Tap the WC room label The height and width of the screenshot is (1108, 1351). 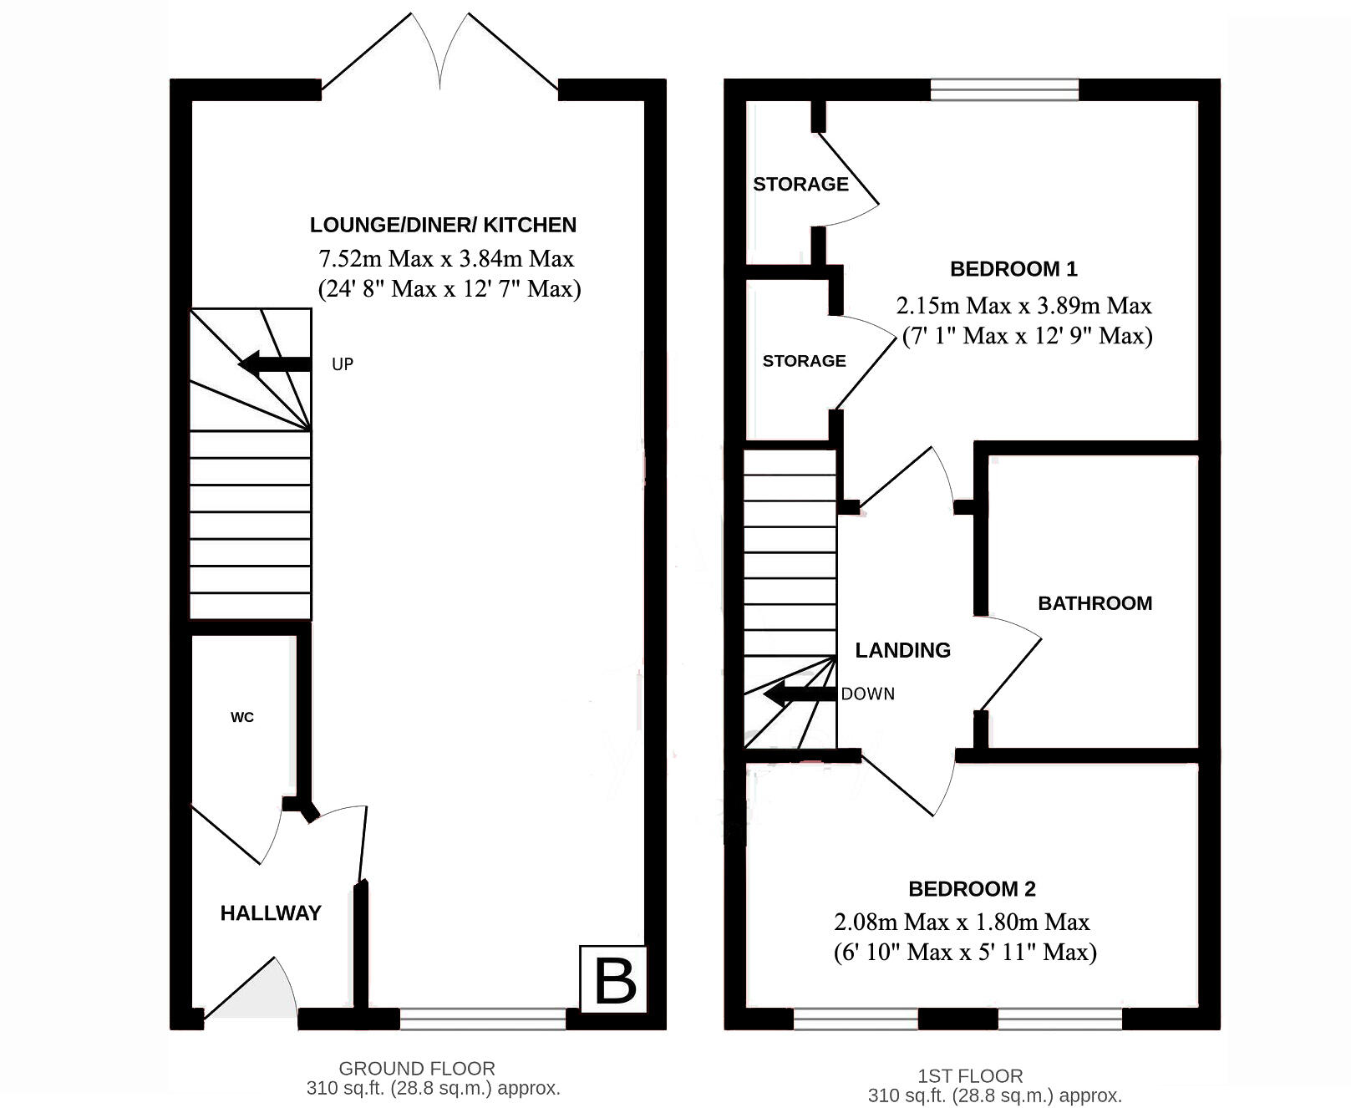point(242,718)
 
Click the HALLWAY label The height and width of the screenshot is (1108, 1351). point(271,913)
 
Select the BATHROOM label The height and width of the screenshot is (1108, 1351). point(1095,603)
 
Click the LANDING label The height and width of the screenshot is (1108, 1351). point(902,650)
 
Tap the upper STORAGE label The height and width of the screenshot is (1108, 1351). point(800,184)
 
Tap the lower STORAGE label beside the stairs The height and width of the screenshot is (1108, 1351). point(804,361)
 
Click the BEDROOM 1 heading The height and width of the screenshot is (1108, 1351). point(1013,269)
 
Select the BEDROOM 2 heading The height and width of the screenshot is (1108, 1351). point(972,889)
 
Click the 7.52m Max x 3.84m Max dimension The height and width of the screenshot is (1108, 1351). point(445,258)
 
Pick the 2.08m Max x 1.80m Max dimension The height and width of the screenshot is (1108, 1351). point(962,922)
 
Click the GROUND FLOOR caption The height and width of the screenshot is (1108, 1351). point(416,1068)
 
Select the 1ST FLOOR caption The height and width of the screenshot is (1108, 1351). point(969,1076)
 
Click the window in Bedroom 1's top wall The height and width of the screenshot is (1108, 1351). point(1004,89)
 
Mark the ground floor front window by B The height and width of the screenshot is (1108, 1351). point(483,1019)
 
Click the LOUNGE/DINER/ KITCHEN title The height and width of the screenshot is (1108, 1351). point(443,225)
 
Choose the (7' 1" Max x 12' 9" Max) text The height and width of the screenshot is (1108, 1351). point(1027,336)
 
